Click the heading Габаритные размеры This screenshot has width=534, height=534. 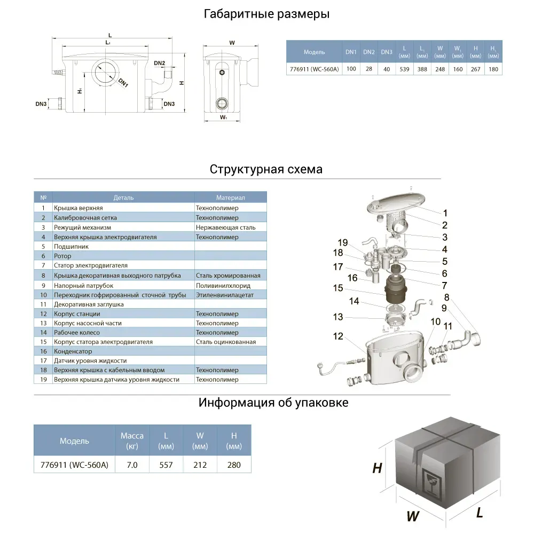pos(266,14)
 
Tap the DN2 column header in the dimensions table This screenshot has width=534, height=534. pos(368,52)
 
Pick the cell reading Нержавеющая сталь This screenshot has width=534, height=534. pos(225,227)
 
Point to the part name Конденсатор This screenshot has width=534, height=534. pos(73,351)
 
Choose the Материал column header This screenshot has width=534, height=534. pos(230,198)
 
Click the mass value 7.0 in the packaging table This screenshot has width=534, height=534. pos(132,465)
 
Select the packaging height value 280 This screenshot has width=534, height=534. pos(234,465)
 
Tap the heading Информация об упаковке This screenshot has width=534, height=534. pos(273,403)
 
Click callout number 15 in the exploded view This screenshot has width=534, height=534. pos(337,288)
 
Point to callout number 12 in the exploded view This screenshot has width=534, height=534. pos(337,336)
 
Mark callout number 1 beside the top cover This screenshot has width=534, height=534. pos(445,213)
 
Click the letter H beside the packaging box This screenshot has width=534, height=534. pos(377,468)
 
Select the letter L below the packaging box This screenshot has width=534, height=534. pos(480,513)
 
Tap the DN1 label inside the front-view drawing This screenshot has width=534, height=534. pos(123,83)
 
